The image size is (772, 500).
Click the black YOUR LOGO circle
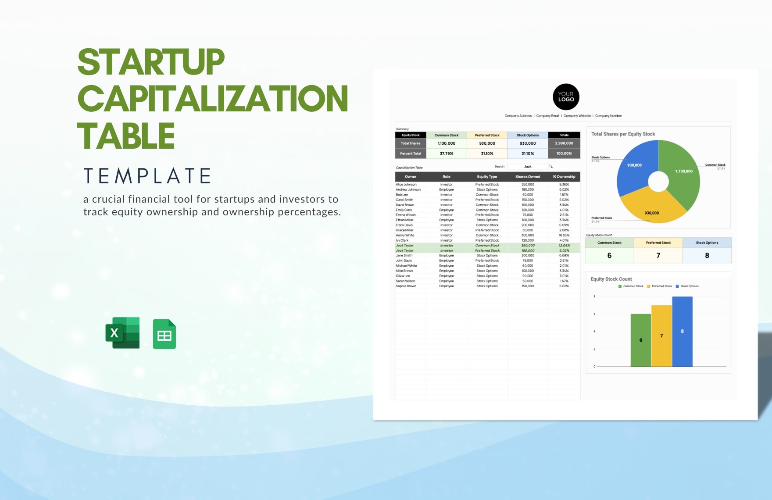[566, 97]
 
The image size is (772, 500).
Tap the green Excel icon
[122, 333]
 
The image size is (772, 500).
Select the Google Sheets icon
[164, 334]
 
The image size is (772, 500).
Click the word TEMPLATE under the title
[147, 176]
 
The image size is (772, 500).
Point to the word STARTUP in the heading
[151, 62]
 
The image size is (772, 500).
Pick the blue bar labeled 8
[682, 331]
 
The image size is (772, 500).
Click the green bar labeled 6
[640, 340]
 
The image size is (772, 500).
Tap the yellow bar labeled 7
[661, 336]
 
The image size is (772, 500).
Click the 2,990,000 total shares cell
[564, 143]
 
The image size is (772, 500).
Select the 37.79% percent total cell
[447, 154]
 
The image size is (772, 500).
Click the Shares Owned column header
[528, 177]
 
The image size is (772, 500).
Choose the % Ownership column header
[564, 177]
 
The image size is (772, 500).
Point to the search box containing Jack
[528, 167]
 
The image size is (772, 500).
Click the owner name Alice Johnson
[406, 185]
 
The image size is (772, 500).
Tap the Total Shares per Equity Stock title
[623, 134]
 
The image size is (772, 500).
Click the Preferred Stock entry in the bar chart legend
[661, 286]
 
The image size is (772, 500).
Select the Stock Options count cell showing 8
[707, 255]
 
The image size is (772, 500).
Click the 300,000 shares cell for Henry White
[528, 236]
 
